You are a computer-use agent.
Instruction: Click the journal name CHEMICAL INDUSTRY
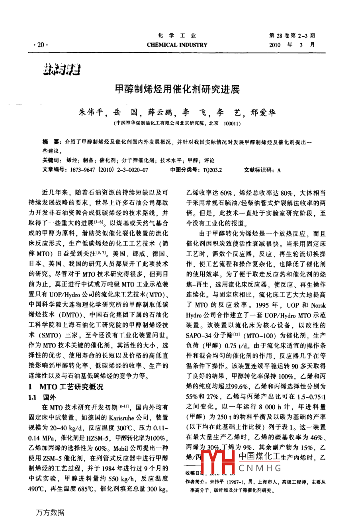pyautogui.click(x=177, y=45)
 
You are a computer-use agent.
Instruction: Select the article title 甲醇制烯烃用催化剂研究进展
pyautogui.click(x=177, y=89)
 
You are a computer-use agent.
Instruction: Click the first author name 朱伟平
pyautogui.click(x=92, y=113)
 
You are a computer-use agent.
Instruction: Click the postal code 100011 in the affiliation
pyautogui.click(x=231, y=124)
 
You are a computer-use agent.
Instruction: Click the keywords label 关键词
pyautogui.click(x=52, y=161)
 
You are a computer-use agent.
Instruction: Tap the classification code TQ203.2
pyautogui.click(x=212, y=170)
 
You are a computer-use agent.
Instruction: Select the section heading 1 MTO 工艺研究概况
pyautogui.click(x=66, y=387)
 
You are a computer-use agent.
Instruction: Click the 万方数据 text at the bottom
pyautogui.click(x=50, y=513)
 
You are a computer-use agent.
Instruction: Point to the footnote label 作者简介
pyautogui.click(x=196, y=482)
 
